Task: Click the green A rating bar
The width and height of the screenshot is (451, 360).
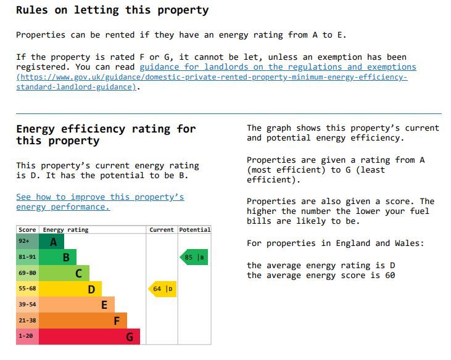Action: coord(52,242)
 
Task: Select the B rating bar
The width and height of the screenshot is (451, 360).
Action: coord(58,257)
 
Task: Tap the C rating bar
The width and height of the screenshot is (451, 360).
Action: coord(64,273)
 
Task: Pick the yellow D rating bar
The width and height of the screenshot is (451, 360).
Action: coord(70,288)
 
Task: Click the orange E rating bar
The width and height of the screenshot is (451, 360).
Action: coord(77,305)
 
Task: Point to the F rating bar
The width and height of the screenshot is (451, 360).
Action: coord(83,321)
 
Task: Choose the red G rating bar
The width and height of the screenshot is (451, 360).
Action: coord(89,337)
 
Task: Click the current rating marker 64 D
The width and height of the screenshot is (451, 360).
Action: coord(163,288)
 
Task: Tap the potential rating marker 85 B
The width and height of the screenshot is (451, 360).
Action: coord(194,257)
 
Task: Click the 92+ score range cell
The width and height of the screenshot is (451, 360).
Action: coord(28,242)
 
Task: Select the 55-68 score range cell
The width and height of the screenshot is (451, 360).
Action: coord(28,288)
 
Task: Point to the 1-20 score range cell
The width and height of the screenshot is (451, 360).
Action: coord(28,337)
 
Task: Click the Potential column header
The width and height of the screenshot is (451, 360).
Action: coord(195,230)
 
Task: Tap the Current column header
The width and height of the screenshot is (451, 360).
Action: coord(162,230)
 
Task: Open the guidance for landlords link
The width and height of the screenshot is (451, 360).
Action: coord(278,67)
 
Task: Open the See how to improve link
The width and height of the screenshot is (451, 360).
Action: coord(100,197)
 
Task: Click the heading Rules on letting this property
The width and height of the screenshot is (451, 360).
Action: coord(112,10)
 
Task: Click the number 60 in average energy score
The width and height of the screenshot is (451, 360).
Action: coord(389,276)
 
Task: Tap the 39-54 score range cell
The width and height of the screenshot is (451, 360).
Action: coord(28,305)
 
